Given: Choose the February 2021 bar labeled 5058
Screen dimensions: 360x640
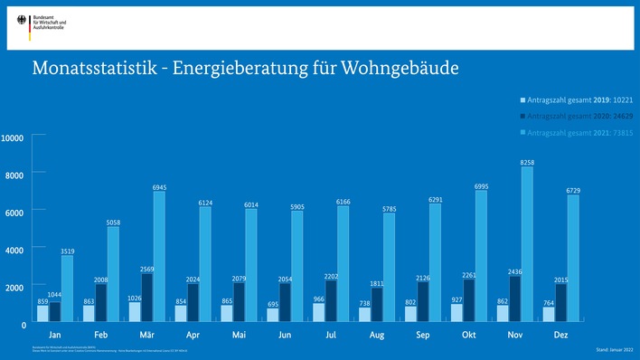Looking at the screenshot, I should [x=113, y=274].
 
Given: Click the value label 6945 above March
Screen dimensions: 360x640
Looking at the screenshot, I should [x=159, y=187].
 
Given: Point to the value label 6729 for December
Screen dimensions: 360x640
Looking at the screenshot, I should [x=573, y=191].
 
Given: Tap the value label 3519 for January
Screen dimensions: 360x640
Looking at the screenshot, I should [x=67, y=251].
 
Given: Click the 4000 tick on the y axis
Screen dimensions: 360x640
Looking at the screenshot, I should [x=16, y=249].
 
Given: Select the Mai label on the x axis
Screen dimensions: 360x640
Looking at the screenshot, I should [x=240, y=334].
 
